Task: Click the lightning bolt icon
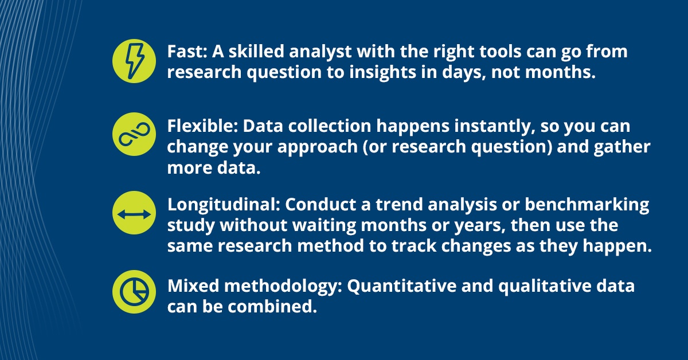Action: tap(134, 61)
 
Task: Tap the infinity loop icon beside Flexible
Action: tap(134, 134)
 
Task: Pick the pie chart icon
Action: tap(134, 292)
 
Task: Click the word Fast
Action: tap(186, 51)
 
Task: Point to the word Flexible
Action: tap(201, 126)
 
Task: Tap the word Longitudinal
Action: tap(222, 205)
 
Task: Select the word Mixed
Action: tap(193, 286)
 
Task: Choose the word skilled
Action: tap(256, 51)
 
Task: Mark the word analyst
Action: tap(320, 52)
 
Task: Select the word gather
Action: tap(622, 147)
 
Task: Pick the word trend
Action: tap(399, 205)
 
